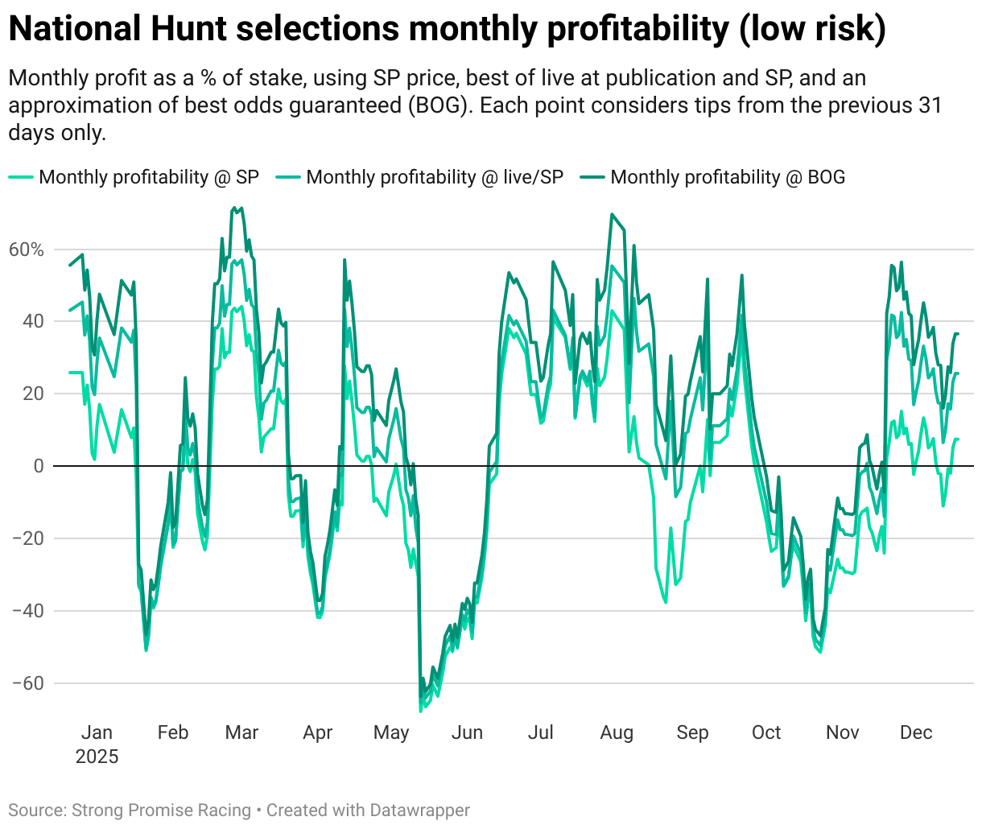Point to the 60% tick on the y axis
(27, 250)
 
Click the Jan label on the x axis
(97, 732)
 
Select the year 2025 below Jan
(97, 757)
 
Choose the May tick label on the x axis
(391, 732)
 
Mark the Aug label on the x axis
(617, 732)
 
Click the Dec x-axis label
(916, 732)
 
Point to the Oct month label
(766, 732)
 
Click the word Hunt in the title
(190, 29)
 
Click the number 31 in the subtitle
(930, 105)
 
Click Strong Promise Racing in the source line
(161, 810)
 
